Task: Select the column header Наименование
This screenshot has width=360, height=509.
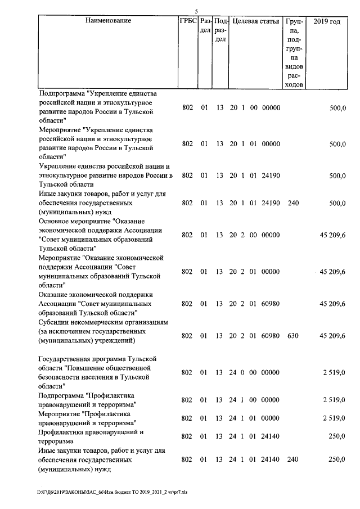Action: [109, 21]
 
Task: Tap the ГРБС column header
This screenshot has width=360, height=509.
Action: [187, 21]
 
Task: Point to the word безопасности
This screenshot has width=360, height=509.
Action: [61, 377]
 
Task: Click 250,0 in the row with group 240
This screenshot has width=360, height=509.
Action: [336, 460]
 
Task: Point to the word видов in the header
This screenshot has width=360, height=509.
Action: [294, 66]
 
